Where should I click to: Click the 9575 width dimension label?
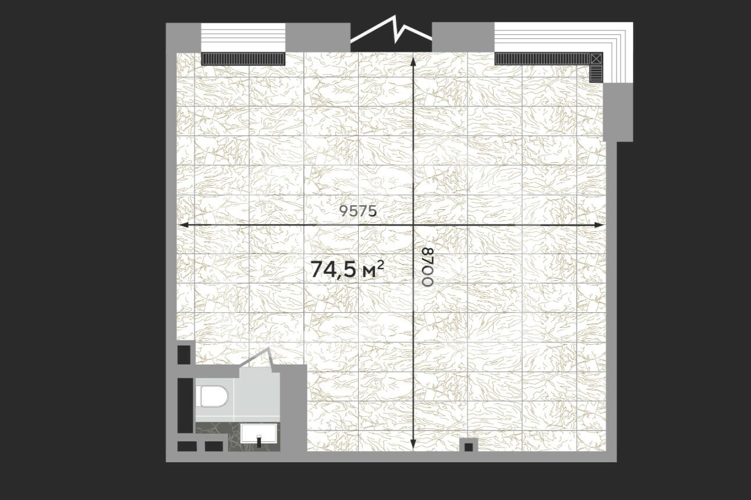[358, 211]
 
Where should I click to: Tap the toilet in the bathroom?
[212, 396]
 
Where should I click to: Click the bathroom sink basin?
[259, 434]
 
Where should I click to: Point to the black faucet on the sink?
[259, 441]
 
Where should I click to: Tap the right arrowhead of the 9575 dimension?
[599, 225]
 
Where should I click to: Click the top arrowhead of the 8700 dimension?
[413, 62]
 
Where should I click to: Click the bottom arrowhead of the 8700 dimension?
[413, 444]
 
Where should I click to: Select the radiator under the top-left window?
[243, 58]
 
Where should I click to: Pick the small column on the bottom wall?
[469, 445]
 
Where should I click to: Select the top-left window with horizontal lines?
[243, 37]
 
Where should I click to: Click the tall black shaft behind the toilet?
[185, 405]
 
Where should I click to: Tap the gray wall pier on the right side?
[618, 112]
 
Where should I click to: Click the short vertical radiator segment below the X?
[596, 73]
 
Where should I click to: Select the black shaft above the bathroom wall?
[184, 355]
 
